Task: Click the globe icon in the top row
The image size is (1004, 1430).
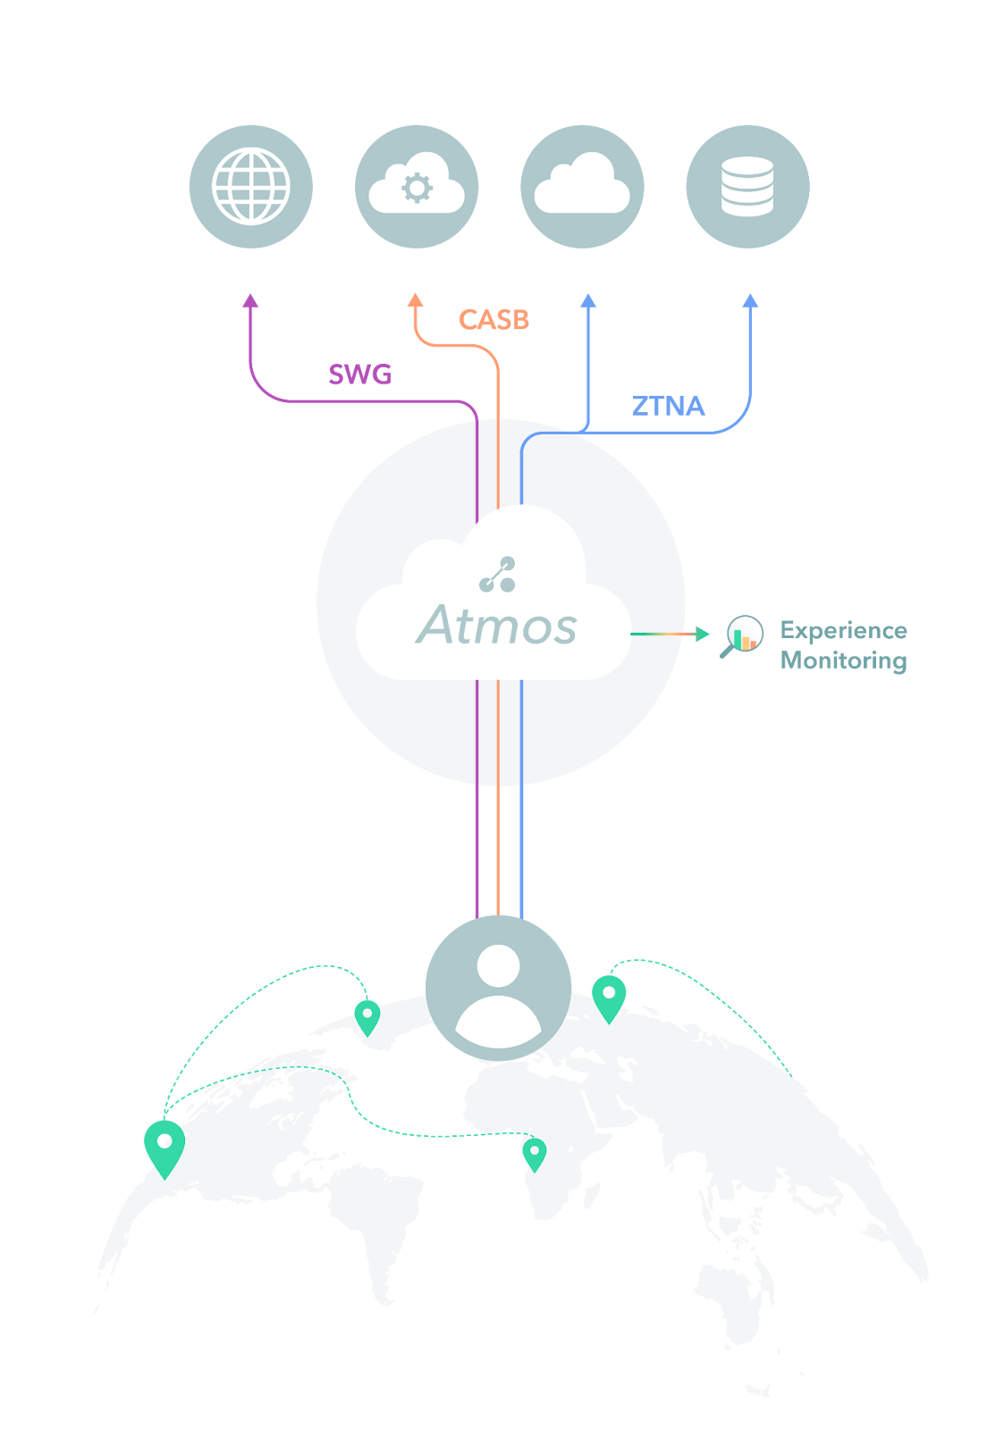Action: [251, 186]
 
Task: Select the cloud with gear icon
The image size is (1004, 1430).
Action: [417, 186]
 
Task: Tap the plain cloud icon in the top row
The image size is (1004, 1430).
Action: [582, 186]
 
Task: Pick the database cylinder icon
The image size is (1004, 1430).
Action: [747, 186]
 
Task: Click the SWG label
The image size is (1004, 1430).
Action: [359, 374]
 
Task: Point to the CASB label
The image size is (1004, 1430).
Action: [494, 319]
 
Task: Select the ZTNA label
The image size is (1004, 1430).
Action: [668, 406]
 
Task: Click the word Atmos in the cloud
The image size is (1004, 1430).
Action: [497, 625]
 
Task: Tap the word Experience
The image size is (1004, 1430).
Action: [843, 630]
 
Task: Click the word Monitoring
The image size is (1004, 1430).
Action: [843, 660]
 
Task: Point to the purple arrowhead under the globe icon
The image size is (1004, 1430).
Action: [251, 300]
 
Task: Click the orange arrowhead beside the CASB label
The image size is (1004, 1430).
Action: [416, 300]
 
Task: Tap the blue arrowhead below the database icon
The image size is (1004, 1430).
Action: [751, 300]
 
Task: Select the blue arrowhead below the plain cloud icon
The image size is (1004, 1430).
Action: [588, 300]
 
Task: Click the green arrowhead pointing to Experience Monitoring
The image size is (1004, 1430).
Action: [703, 634]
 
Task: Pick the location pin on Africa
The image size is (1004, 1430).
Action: [535, 1153]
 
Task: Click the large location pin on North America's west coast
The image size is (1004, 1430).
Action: [165, 1148]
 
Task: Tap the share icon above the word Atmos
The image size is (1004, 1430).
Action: [498, 574]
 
